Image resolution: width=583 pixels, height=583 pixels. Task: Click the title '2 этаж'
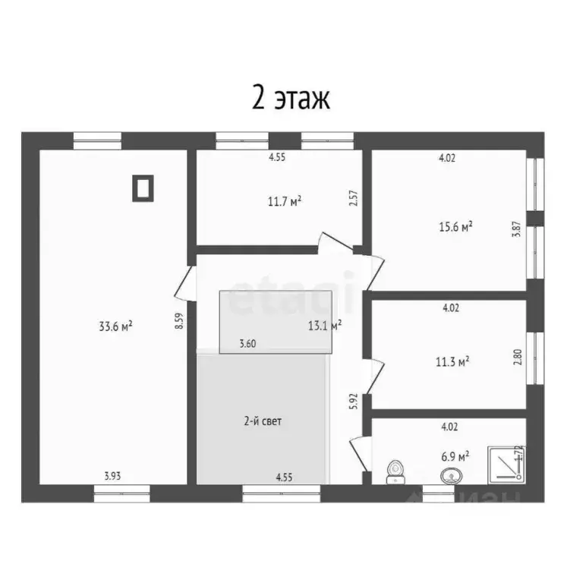(x=291, y=99)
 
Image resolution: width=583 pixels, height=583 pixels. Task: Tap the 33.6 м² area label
(x=115, y=326)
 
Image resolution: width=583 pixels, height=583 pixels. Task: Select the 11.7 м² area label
(x=285, y=201)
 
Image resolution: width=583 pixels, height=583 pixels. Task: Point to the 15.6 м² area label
(x=456, y=226)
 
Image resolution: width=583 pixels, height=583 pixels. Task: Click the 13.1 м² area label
(x=324, y=325)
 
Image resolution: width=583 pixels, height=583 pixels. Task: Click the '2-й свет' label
(x=263, y=421)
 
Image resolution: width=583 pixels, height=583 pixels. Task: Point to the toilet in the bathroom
(x=395, y=472)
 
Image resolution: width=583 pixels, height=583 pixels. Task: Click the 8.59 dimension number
(x=179, y=320)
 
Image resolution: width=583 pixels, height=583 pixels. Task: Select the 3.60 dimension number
(x=247, y=344)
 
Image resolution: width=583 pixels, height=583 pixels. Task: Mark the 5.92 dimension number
(x=352, y=401)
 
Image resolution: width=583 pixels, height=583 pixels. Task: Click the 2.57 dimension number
(x=352, y=199)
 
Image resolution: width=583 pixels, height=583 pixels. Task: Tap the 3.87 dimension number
(x=516, y=228)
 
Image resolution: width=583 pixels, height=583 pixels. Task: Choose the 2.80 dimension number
(x=517, y=357)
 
